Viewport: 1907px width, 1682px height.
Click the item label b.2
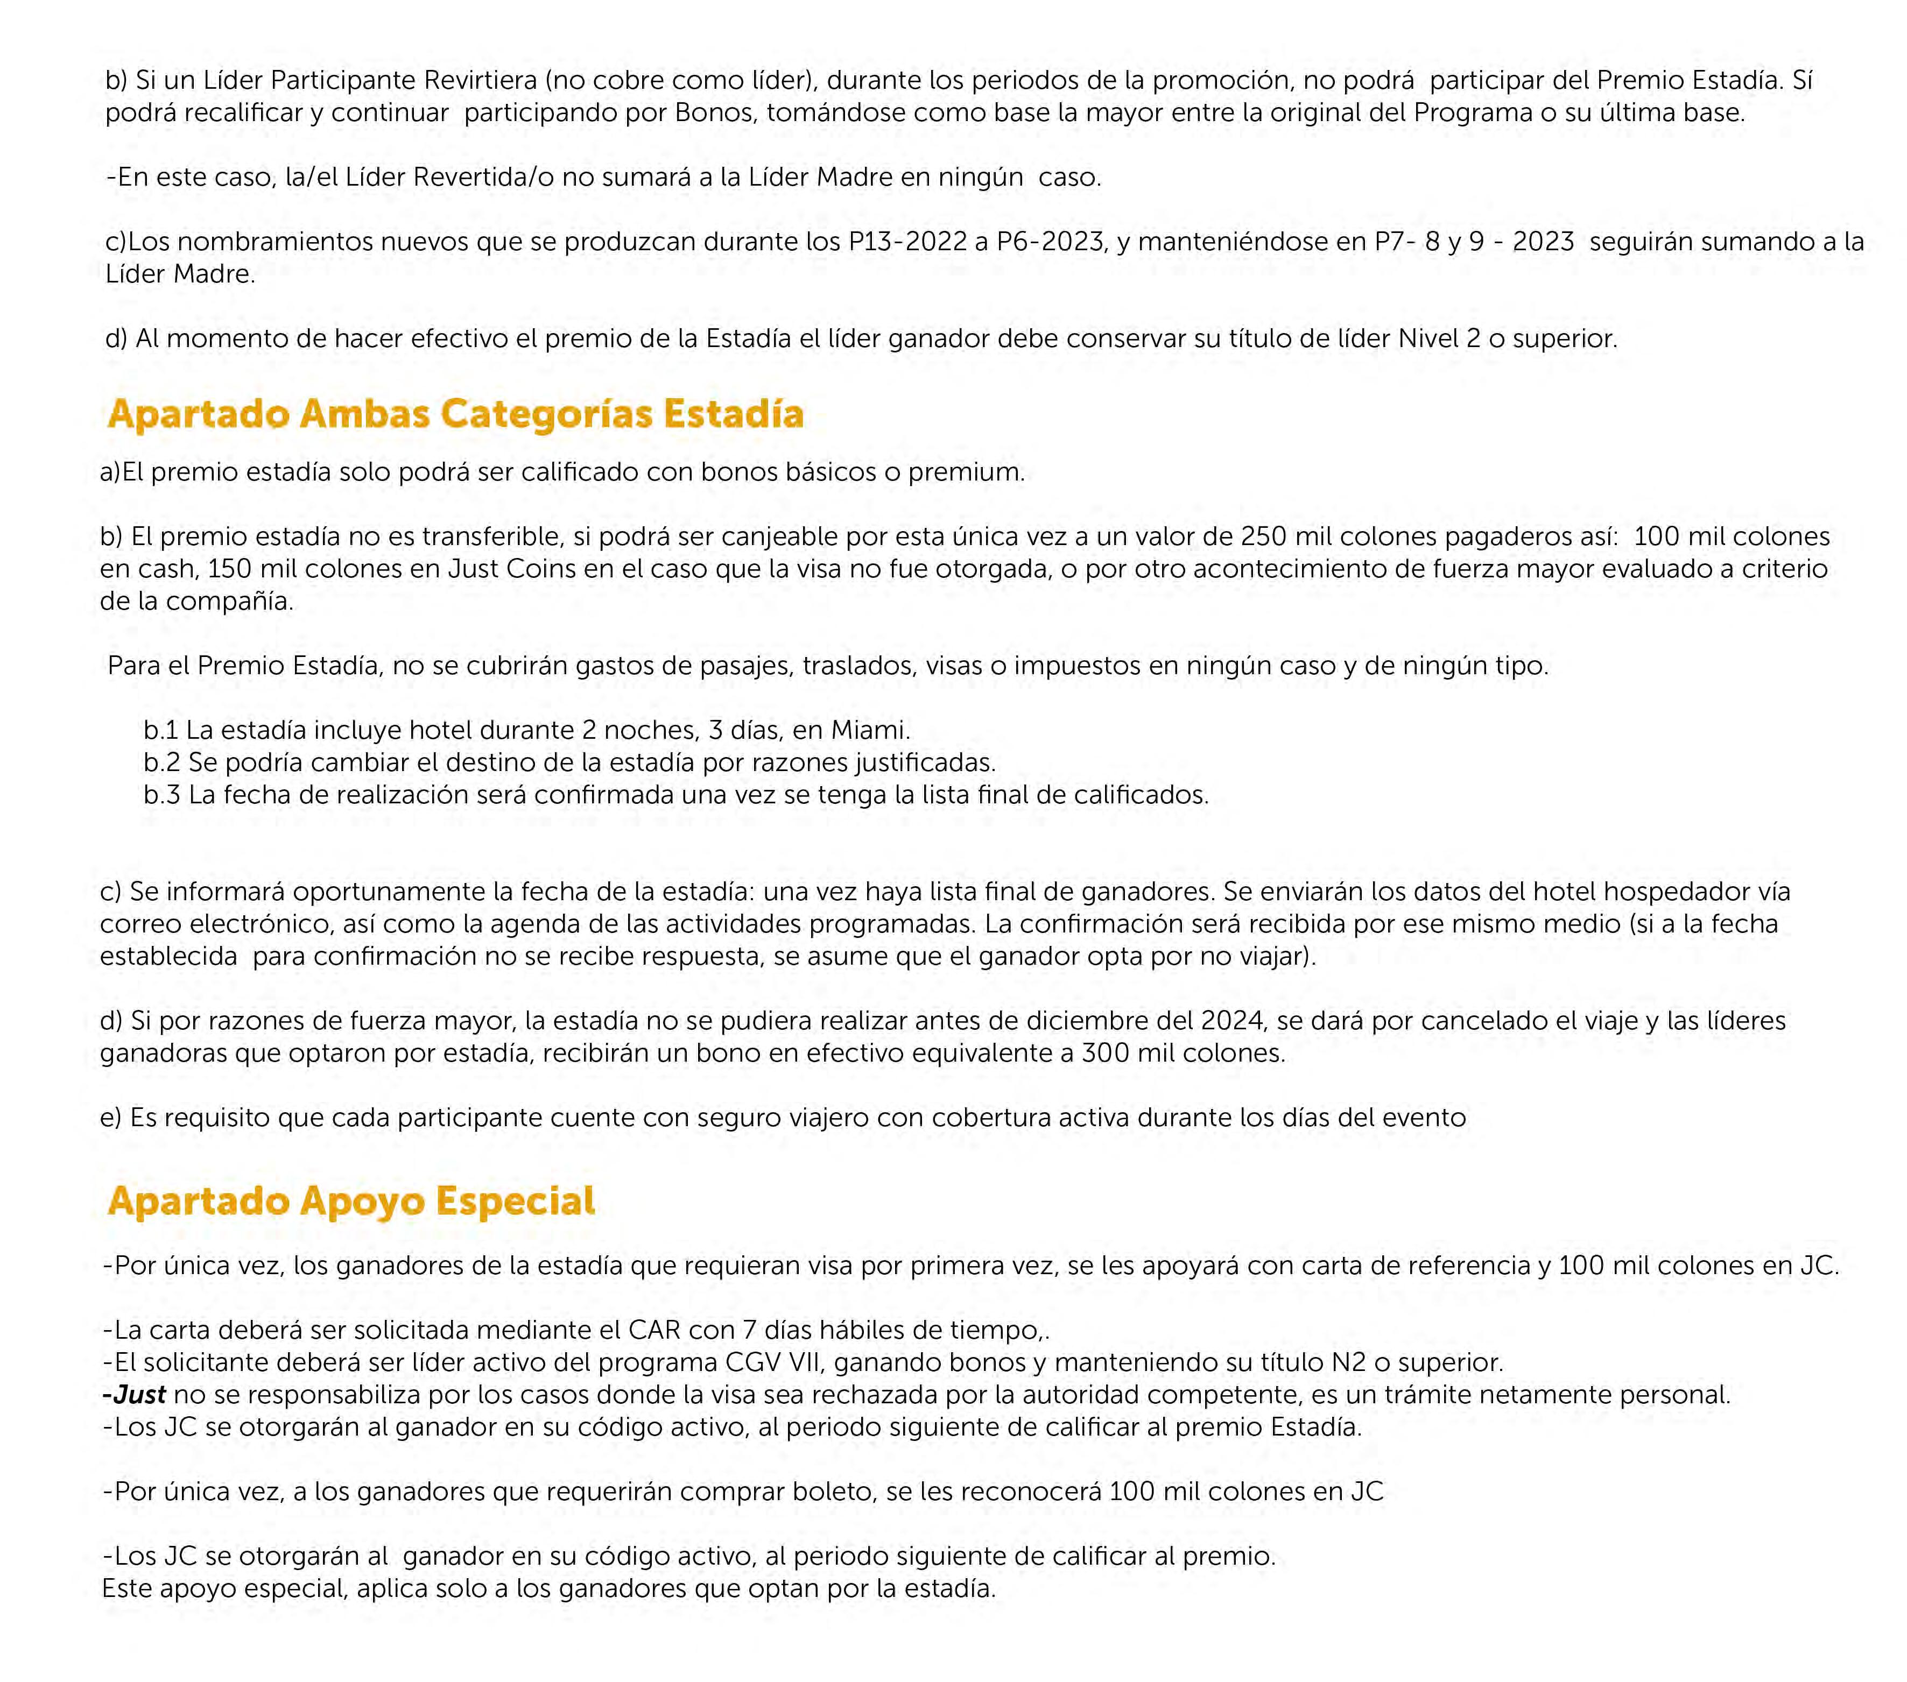161,762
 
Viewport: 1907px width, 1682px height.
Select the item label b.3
161,795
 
